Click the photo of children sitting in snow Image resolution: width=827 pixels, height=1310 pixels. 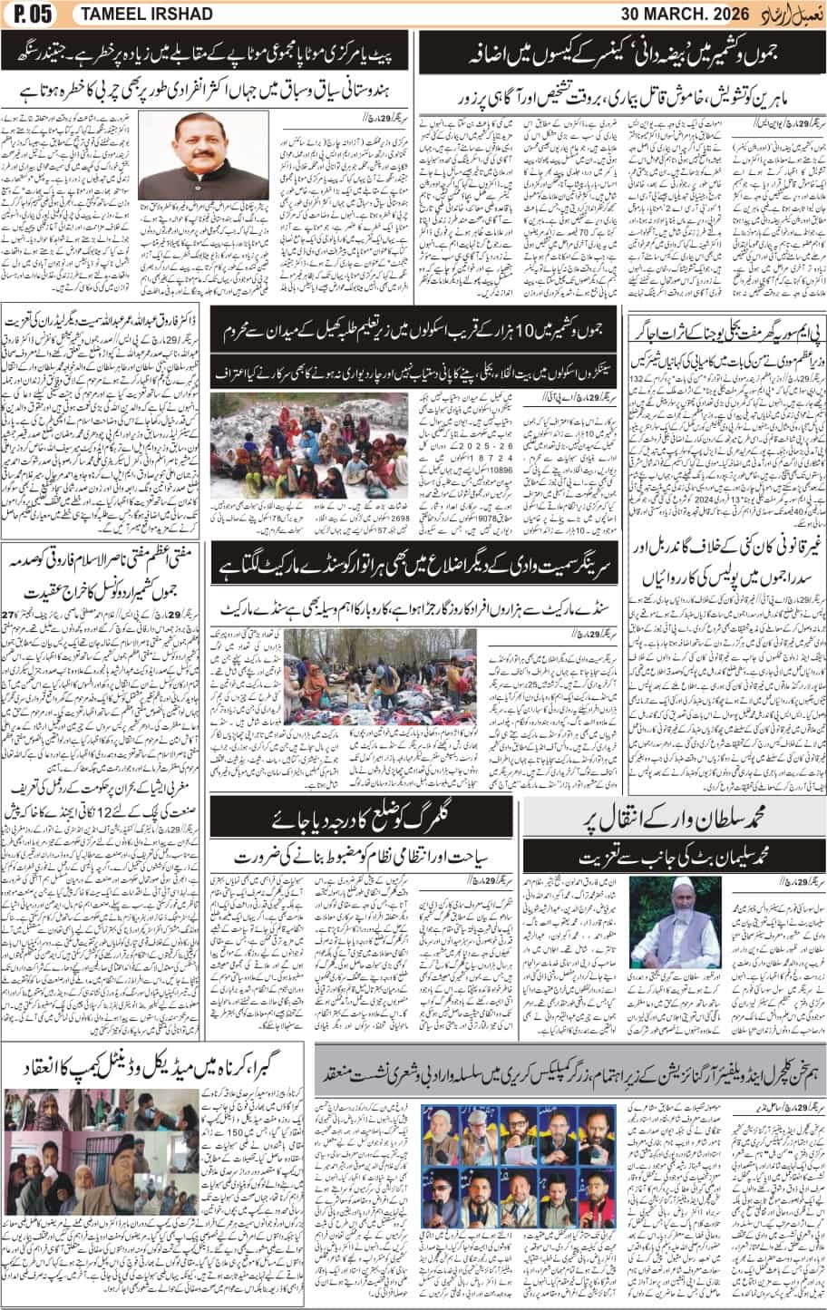click(282, 445)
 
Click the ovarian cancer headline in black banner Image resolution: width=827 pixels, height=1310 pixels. click(622, 53)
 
